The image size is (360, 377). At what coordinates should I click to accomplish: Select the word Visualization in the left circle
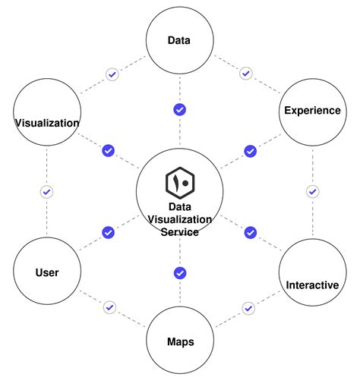[47, 122]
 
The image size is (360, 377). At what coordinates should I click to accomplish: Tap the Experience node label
[312, 111]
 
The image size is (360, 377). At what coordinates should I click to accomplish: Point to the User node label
[47, 272]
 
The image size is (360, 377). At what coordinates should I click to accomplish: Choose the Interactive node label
[312, 285]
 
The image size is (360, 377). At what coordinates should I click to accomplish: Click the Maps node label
[180, 341]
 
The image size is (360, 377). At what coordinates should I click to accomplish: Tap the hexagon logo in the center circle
[180, 183]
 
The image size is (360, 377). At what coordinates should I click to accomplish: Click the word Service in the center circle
[180, 232]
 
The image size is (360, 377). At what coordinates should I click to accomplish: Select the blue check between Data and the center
[180, 110]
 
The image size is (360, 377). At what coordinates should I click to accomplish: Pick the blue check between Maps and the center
[180, 273]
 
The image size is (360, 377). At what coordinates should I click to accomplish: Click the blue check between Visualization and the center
[108, 151]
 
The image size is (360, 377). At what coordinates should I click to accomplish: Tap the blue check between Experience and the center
[250, 151]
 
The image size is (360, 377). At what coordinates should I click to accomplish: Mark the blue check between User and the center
[108, 232]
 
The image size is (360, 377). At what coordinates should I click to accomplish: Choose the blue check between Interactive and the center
[250, 232]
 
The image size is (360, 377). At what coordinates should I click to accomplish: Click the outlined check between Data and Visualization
[112, 74]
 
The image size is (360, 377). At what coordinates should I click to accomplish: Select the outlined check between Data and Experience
[245, 74]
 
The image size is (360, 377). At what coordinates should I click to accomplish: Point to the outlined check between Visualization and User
[46, 192]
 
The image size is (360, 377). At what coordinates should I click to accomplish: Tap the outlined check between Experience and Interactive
[311, 191]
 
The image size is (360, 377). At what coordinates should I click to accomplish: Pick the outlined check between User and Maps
[110, 307]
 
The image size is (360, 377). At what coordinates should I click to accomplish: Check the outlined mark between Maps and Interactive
[248, 308]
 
